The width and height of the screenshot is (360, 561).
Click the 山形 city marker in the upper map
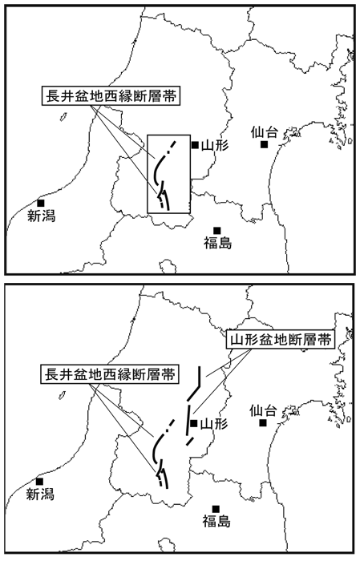pyautogui.click(x=195, y=145)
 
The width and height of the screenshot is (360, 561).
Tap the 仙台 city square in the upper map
pyautogui.click(x=264, y=144)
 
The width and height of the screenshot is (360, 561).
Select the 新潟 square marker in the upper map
pyautogui.click(x=41, y=203)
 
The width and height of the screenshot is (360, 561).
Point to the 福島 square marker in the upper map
pyautogui.click(x=216, y=230)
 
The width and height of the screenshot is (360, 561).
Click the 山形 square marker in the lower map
pyautogui.click(x=193, y=424)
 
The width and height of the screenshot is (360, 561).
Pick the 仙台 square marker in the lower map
pyautogui.click(x=263, y=423)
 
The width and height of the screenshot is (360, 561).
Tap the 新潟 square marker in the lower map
pyautogui.click(x=40, y=482)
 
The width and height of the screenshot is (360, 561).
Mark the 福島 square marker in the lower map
pyautogui.click(x=216, y=509)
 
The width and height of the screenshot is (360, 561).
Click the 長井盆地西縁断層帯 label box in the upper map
pyautogui.click(x=111, y=96)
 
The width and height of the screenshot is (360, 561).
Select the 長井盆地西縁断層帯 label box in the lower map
pyautogui.click(x=110, y=374)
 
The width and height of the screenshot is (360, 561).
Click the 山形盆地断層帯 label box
pyautogui.click(x=281, y=340)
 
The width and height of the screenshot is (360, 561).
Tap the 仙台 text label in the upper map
pyautogui.click(x=264, y=132)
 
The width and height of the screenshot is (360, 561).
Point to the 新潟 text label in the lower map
pyautogui.click(x=40, y=494)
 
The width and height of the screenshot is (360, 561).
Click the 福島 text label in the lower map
pyautogui.click(x=216, y=522)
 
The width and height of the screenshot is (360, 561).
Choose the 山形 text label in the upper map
pyautogui.click(x=215, y=145)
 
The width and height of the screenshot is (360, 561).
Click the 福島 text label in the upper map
pyautogui.click(x=218, y=243)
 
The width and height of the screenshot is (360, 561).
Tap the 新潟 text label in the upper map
pyautogui.click(x=42, y=216)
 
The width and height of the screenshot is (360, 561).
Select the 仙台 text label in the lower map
pyautogui.click(x=263, y=411)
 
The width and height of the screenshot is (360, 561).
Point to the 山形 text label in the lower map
pyautogui.click(x=213, y=424)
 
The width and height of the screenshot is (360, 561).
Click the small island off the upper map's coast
pyautogui.click(x=63, y=117)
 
